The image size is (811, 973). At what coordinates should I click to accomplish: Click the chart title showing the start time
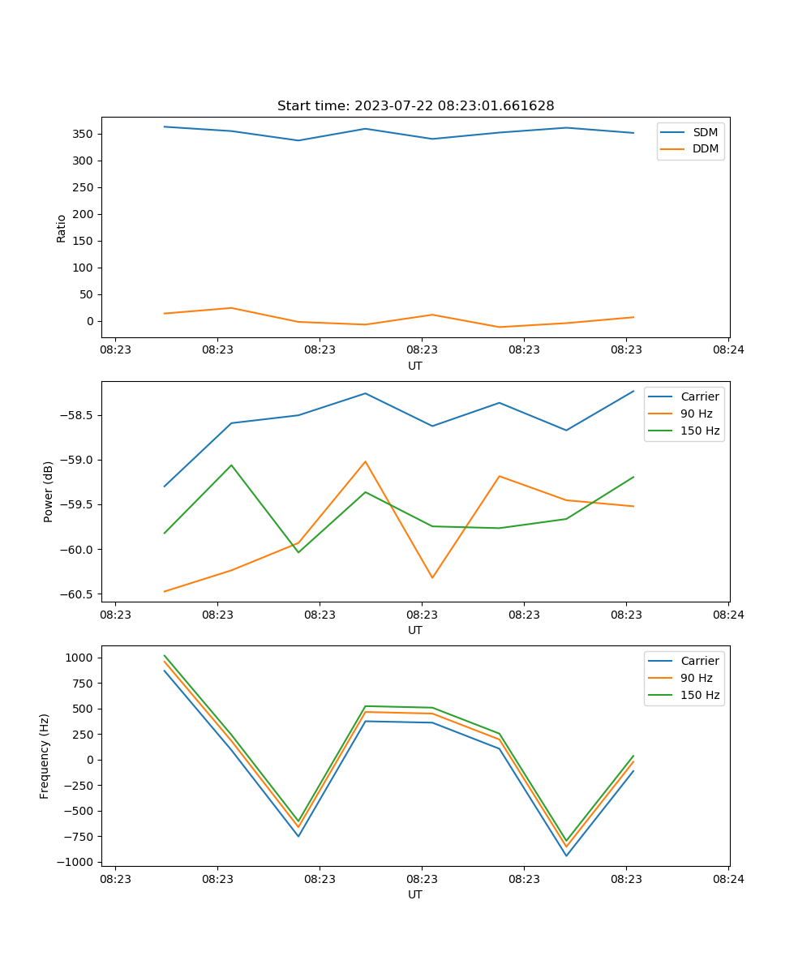(x=415, y=106)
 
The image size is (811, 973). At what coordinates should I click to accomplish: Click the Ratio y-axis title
(x=62, y=229)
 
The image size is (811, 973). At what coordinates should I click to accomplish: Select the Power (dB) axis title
(x=49, y=491)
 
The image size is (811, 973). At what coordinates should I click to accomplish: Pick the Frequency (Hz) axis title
(x=45, y=756)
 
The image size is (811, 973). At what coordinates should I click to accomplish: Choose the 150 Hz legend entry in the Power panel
(x=700, y=431)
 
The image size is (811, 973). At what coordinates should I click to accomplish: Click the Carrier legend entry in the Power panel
(x=700, y=396)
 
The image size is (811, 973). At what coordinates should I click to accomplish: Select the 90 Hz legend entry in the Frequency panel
(x=697, y=678)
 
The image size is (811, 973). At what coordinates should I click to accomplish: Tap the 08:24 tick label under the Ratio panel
(x=728, y=350)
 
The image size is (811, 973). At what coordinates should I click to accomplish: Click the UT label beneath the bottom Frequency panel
(x=415, y=894)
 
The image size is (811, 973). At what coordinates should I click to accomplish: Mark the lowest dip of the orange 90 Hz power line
(x=432, y=578)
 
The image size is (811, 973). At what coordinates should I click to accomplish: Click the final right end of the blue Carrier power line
(x=633, y=391)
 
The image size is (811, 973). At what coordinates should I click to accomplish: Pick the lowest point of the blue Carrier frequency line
(x=566, y=855)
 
